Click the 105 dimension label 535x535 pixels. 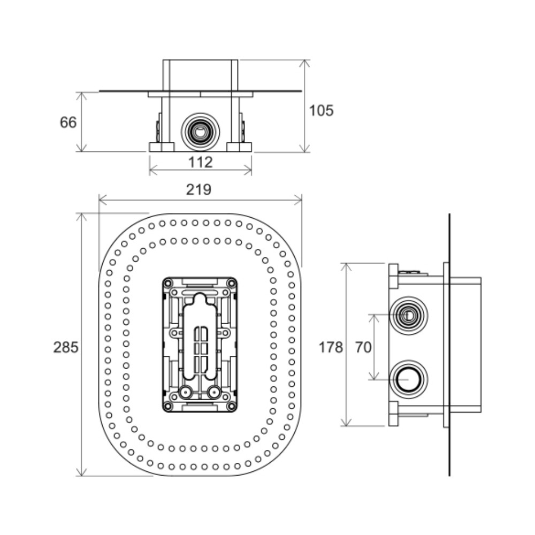click(x=321, y=111)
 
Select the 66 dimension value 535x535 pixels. click(x=68, y=123)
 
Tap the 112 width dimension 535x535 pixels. click(x=200, y=162)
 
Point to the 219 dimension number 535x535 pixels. click(x=198, y=189)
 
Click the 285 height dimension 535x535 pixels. click(x=66, y=347)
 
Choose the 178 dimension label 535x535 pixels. click(x=331, y=347)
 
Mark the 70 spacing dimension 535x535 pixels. click(x=363, y=347)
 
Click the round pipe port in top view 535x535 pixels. click(x=200, y=132)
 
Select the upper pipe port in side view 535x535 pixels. click(x=408, y=316)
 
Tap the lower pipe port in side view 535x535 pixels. click(x=408, y=379)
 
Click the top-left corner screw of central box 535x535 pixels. click(x=168, y=283)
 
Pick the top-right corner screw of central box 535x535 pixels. click(x=231, y=283)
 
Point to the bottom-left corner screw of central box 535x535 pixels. click(x=168, y=406)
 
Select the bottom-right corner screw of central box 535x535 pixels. click(x=231, y=406)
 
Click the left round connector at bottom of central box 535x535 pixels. click(x=186, y=392)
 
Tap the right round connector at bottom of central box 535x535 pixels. click(x=213, y=392)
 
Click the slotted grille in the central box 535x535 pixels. click(x=200, y=349)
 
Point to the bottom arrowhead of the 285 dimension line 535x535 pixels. click(x=81, y=471)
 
